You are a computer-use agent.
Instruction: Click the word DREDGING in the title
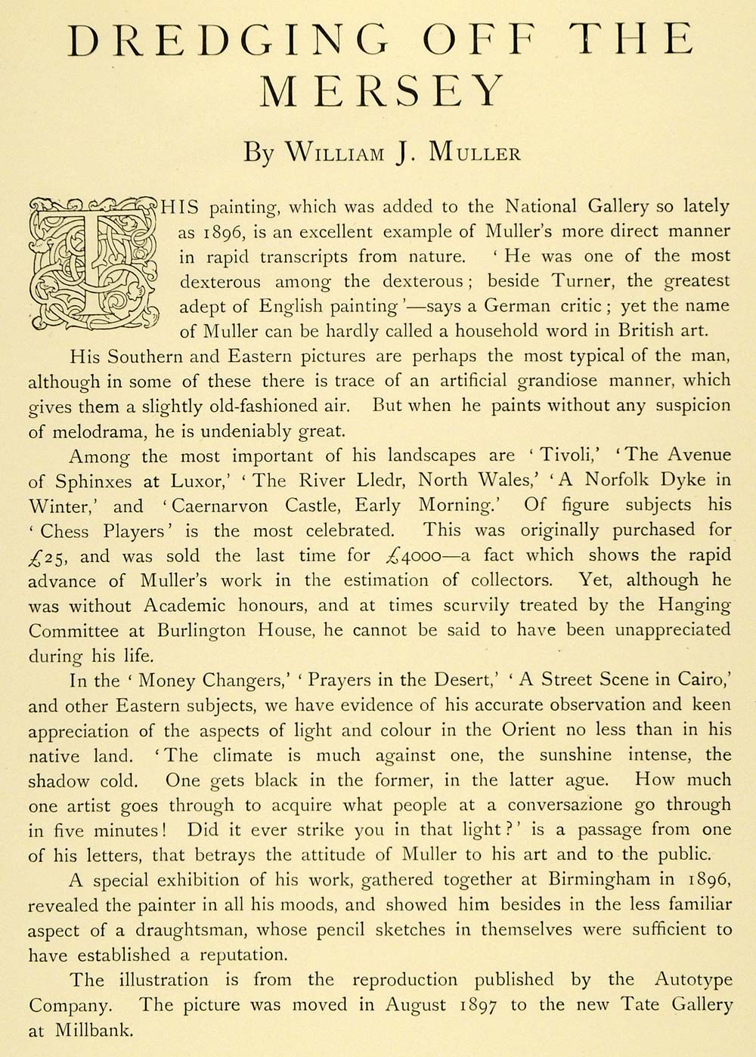(227, 41)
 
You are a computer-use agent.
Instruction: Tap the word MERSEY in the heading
(382, 92)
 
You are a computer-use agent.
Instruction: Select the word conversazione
(565, 805)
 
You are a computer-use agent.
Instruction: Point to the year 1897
(479, 1005)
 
